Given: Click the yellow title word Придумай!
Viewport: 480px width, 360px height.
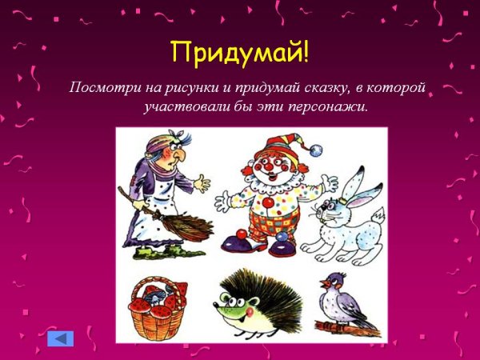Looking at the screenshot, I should click(239, 53).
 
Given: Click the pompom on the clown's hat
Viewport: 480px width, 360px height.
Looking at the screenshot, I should click(319, 150).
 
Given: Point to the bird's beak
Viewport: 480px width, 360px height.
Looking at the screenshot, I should click(322, 282).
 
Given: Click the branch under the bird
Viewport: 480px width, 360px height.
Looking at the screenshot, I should click(344, 326).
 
